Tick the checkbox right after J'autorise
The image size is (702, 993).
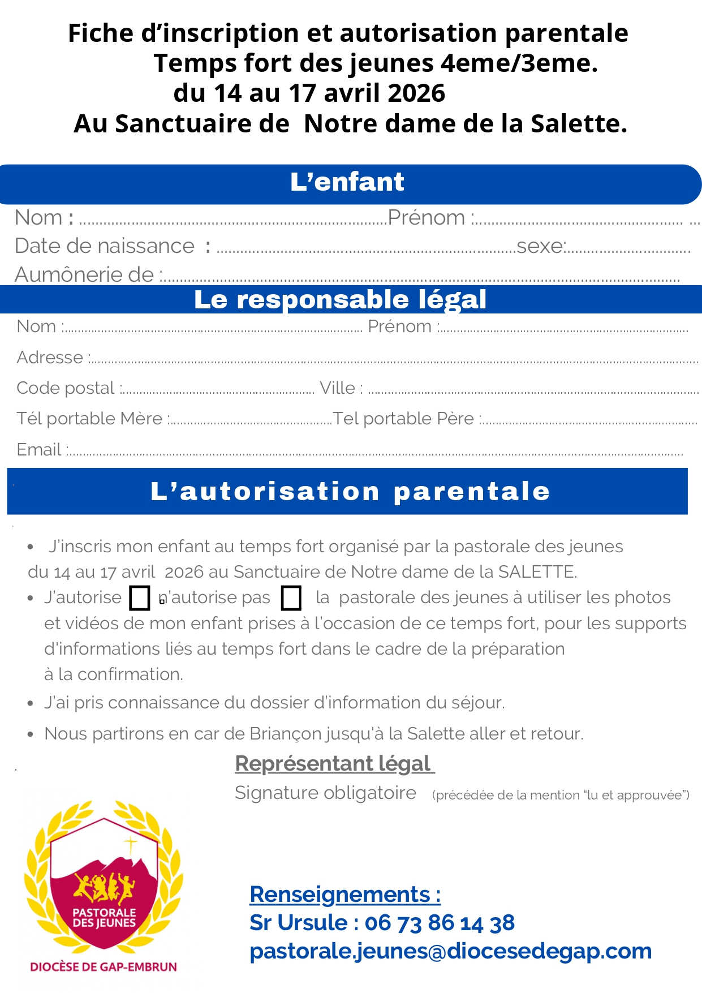(x=140, y=598)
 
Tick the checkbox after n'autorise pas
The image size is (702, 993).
(x=291, y=598)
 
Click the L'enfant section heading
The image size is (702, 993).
(x=347, y=182)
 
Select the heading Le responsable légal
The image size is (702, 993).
(x=340, y=299)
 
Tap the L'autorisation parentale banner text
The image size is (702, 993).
(x=350, y=491)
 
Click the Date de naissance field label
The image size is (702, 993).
(x=105, y=246)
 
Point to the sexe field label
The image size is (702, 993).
(x=540, y=246)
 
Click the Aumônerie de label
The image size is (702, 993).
(x=84, y=275)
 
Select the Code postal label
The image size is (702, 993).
(x=66, y=388)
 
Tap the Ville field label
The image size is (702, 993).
(x=338, y=388)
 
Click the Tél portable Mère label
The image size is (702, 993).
(x=89, y=419)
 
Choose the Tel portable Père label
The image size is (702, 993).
(x=403, y=419)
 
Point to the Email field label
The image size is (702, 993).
(x=39, y=450)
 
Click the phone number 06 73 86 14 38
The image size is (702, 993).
(x=440, y=923)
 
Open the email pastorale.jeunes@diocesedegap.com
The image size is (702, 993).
(x=450, y=951)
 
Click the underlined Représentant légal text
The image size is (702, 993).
(x=334, y=763)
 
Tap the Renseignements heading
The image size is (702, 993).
(x=344, y=895)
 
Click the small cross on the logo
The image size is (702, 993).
(x=131, y=845)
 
